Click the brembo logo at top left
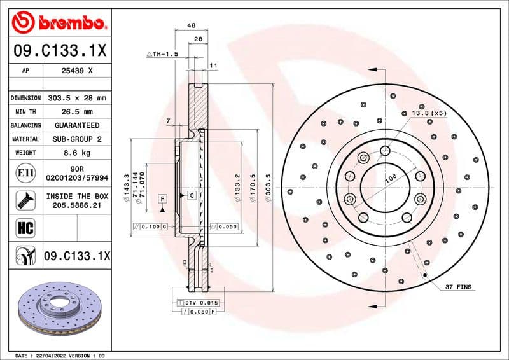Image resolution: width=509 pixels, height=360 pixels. coord(58,24)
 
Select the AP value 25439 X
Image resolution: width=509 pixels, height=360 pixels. coord(76,71)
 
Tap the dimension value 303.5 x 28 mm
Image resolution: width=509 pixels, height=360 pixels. coord(76,99)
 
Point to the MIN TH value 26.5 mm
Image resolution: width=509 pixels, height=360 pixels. coord(76,112)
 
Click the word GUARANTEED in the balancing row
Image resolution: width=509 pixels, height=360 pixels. coord(76,125)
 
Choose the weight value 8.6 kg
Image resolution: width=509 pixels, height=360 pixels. coord(76,153)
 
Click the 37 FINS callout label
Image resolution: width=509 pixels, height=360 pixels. coord(458,287)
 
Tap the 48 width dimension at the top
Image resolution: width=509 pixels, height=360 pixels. coord(191,26)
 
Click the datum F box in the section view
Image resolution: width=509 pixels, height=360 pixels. coord(163,198)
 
